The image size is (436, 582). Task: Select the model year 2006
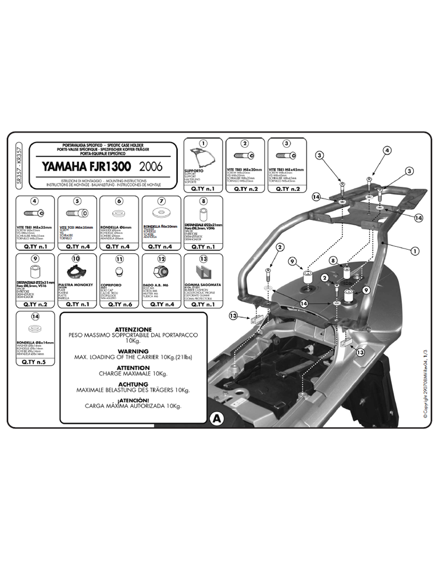(x=151, y=167)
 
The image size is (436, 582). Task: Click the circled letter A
(x=216, y=417)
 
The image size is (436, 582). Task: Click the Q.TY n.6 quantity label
(x=119, y=304)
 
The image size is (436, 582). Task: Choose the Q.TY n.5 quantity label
(x=35, y=361)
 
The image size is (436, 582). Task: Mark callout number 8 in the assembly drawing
(x=334, y=260)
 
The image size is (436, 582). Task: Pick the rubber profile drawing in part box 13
(x=203, y=271)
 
